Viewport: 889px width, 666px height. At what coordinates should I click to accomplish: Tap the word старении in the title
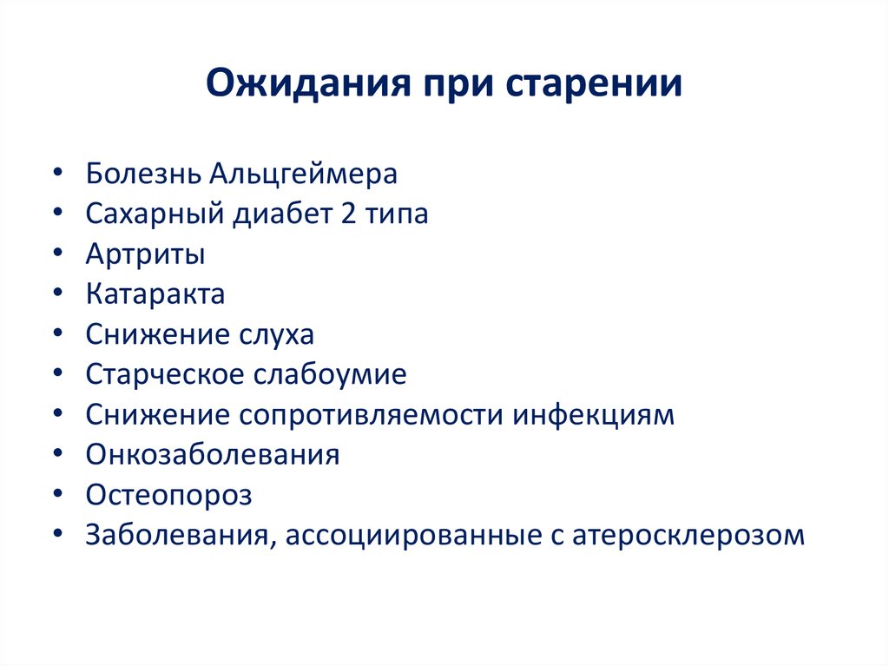(x=601, y=86)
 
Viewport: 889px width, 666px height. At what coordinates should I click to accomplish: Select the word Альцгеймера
(x=303, y=174)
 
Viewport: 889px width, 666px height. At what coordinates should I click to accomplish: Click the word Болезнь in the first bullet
(x=142, y=174)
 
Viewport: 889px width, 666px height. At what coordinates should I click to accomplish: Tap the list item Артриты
(x=146, y=254)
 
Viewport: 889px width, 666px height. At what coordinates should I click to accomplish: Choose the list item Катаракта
(x=155, y=294)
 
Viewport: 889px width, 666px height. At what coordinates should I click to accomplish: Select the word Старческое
(x=165, y=374)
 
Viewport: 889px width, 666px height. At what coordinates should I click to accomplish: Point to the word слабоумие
(x=330, y=374)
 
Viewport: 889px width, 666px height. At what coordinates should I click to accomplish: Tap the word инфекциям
(x=592, y=414)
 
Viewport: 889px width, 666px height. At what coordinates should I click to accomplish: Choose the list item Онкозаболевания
(x=212, y=454)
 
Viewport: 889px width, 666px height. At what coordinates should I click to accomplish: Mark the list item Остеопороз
(x=168, y=495)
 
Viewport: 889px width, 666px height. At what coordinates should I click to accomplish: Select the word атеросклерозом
(x=688, y=535)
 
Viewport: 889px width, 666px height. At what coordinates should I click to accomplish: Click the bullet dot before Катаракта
(x=57, y=294)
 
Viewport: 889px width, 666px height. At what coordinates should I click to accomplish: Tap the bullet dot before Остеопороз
(x=57, y=495)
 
